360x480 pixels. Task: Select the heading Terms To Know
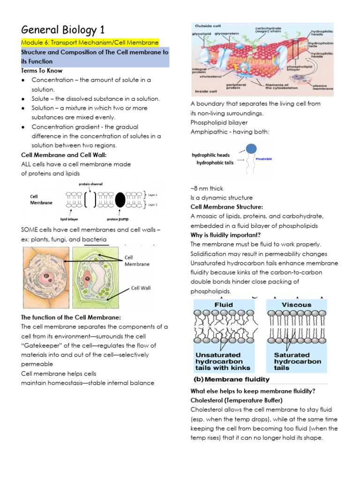[42, 71]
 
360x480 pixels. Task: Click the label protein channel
[90, 184]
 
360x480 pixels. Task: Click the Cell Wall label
[141, 288]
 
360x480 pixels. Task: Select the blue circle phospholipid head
[251, 149]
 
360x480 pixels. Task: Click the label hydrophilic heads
[210, 155]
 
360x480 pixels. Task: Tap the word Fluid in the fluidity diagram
[224, 305]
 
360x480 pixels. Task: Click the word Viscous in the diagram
[296, 305]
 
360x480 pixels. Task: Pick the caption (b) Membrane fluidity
[231, 379]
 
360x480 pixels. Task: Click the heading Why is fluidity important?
[225, 235]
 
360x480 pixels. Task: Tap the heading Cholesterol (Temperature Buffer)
[236, 400]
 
